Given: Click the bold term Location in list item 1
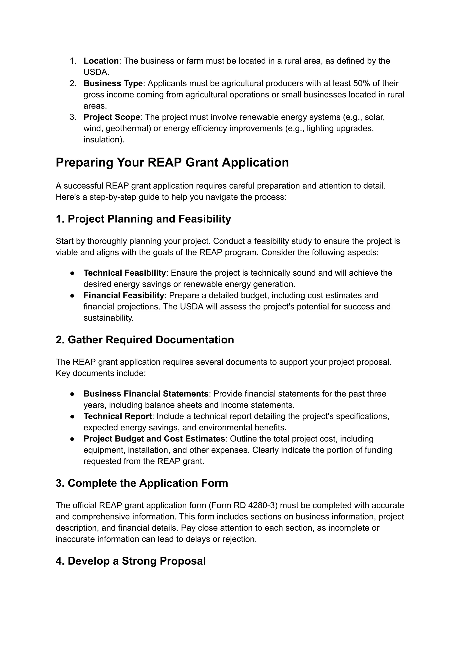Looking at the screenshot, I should (101, 61).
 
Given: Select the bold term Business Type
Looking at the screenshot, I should (113, 83).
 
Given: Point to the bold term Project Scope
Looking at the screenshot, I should (112, 117).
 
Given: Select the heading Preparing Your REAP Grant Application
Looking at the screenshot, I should (172, 163).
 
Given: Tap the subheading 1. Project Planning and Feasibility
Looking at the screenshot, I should (143, 219).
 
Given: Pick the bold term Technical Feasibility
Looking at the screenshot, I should (125, 273).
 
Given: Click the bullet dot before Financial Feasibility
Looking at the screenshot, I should (72, 296).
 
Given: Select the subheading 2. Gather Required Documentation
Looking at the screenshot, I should (145, 340).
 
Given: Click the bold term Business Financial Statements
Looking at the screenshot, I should (146, 394).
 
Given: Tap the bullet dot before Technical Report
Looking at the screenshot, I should (72, 417).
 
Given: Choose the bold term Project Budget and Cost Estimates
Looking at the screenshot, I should (154, 439).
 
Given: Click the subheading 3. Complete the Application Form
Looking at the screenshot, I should (142, 483).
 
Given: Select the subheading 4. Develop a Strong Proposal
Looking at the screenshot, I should (131, 561).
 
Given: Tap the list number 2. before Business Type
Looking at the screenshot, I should (73, 83).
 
